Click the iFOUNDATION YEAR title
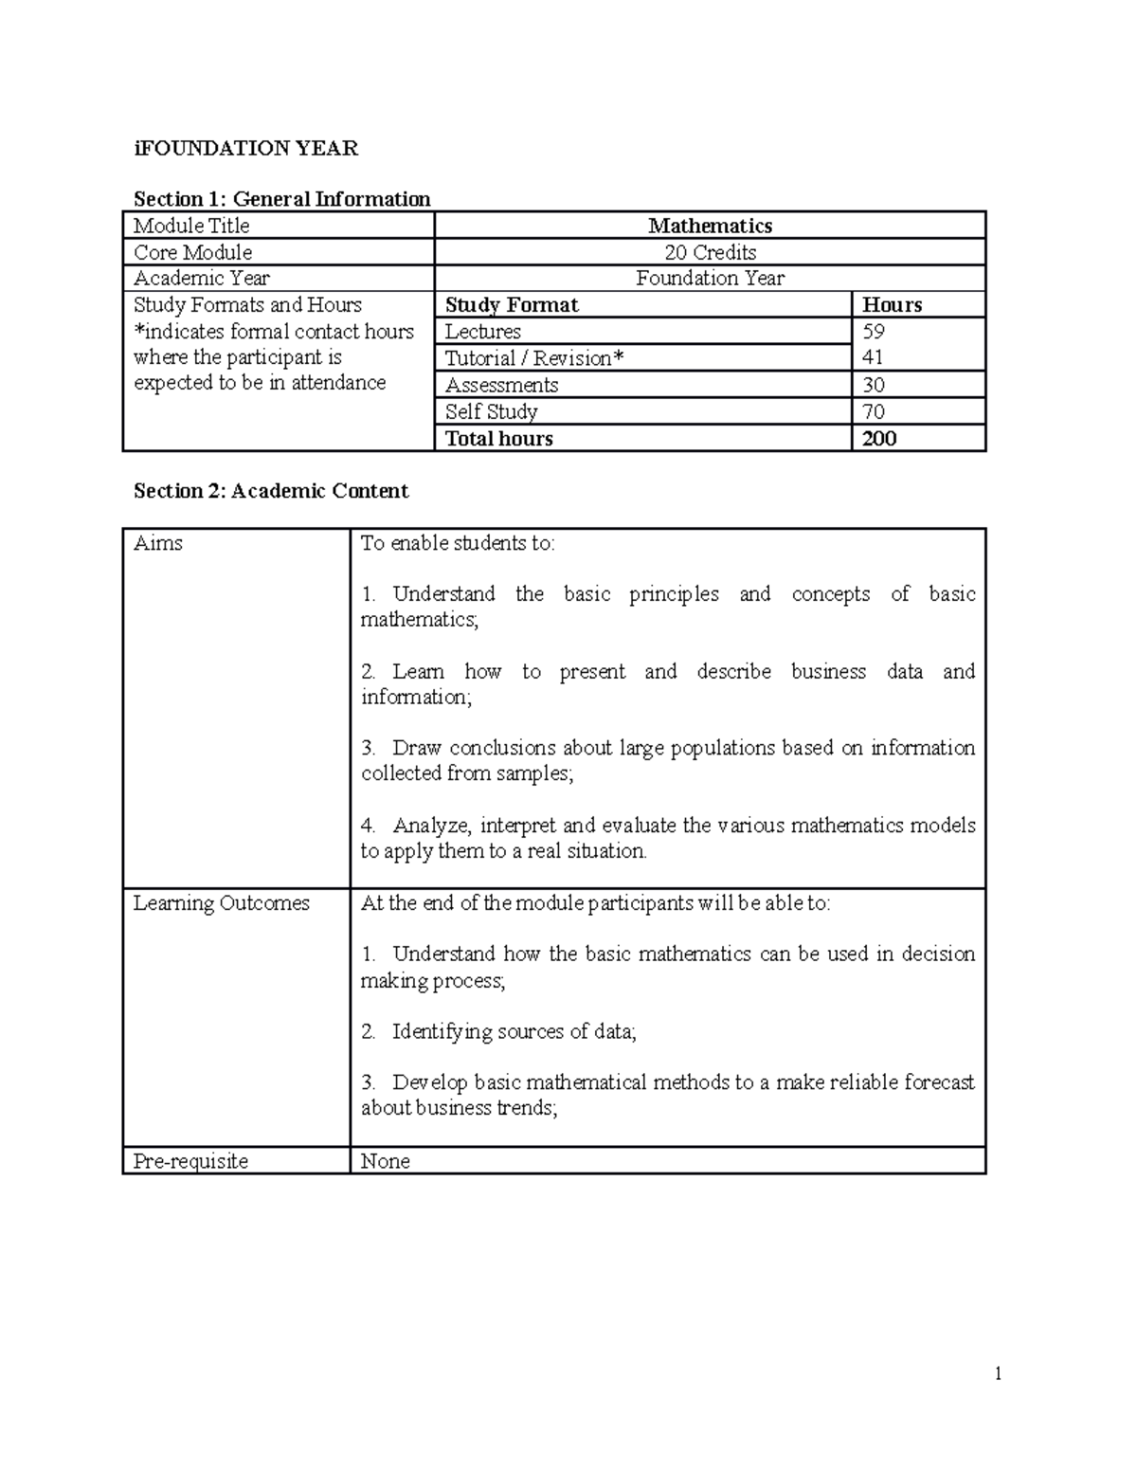245,148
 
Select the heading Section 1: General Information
281,199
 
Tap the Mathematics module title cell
710,226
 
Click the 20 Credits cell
710,252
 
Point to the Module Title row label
191,226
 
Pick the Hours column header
892,305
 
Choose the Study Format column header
512,305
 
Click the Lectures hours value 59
874,332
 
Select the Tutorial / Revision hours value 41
873,358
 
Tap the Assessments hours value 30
874,385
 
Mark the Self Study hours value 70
874,411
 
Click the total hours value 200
879,438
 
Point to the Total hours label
499,438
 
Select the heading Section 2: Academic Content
271,491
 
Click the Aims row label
158,543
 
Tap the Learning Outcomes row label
222,903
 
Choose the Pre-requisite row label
190,1161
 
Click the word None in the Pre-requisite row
386,1161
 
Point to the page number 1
998,1374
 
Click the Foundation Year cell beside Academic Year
710,279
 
